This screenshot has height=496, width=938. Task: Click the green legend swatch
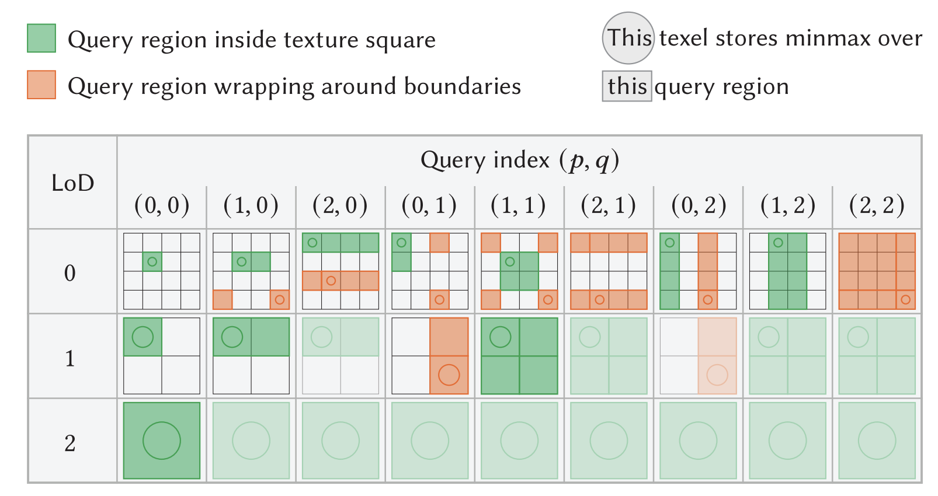click(41, 39)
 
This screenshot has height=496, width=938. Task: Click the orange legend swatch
click(41, 85)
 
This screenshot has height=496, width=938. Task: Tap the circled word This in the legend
click(628, 38)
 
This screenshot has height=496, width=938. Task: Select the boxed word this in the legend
click(627, 86)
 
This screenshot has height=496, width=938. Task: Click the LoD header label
click(72, 183)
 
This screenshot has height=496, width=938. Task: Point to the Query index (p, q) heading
click(519, 160)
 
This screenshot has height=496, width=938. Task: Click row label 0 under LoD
click(70, 273)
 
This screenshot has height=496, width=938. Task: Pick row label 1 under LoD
click(70, 358)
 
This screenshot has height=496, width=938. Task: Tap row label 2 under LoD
click(70, 443)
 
